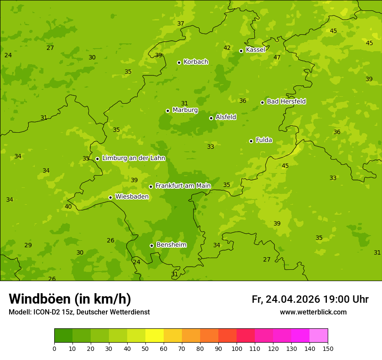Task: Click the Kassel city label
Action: click(255, 50)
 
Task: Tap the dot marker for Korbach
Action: click(179, 62)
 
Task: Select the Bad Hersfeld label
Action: click(286, 101)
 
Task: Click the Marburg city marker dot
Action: click(168, 111)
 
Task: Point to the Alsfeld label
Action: click(226, 117)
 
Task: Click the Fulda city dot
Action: click(251, 141)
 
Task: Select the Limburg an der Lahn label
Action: click(134, 158)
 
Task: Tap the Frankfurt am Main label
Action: click(183, 186)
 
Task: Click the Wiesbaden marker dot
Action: click(110, 197)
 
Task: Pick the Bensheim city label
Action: click(171, 245)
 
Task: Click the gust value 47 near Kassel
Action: click(277, 57)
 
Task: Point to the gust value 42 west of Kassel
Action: click(227, 48)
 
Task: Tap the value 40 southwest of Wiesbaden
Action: click(68, 206)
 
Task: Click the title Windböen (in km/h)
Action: click(70, 299)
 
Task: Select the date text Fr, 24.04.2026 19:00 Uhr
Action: click(310, 299)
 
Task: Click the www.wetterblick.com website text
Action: click(313, 312)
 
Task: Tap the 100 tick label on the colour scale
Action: click(237, 348)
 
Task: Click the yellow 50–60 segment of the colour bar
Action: click(155, 335)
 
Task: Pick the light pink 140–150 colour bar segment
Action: click(319, 335)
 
